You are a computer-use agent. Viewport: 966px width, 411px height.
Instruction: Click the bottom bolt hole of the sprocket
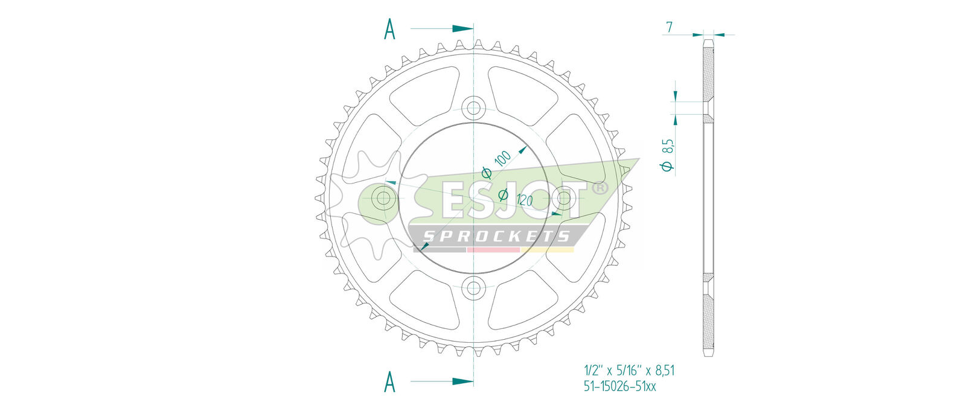point(473,287)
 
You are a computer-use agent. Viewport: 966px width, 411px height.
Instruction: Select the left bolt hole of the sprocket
point(383,199)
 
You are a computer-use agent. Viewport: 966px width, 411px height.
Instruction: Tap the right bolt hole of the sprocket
point(564,199)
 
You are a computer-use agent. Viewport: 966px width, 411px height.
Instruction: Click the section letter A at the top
point(389,29)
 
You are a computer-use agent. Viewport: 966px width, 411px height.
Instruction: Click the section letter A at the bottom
point(389,381)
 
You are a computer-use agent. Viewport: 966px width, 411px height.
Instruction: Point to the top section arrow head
point(462,28)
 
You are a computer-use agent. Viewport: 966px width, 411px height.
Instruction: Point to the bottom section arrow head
point(462,381)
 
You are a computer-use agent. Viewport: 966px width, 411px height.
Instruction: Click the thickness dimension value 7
point(669,27)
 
